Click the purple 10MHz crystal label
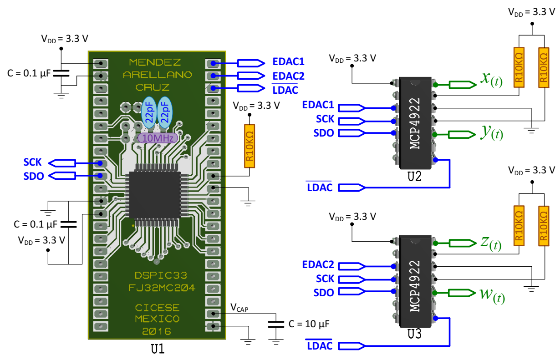(158, 138)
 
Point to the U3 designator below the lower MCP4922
(415, 334)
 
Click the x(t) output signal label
(491, 80)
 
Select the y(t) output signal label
(491, 133)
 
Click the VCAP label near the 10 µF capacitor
(239, 308)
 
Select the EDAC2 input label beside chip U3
(318, 264)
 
